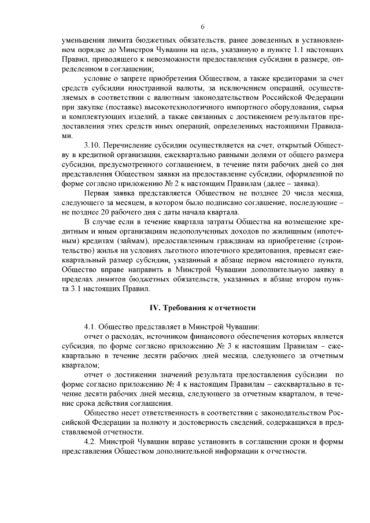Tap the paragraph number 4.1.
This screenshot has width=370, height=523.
tap(91, 326)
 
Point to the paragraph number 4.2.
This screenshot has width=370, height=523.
tap(91, 442)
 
